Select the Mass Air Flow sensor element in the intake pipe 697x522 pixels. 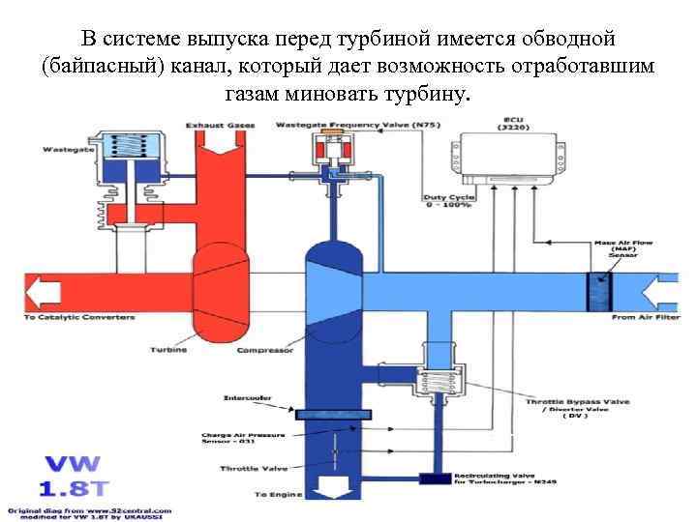599,291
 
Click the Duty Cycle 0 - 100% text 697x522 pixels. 446,201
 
